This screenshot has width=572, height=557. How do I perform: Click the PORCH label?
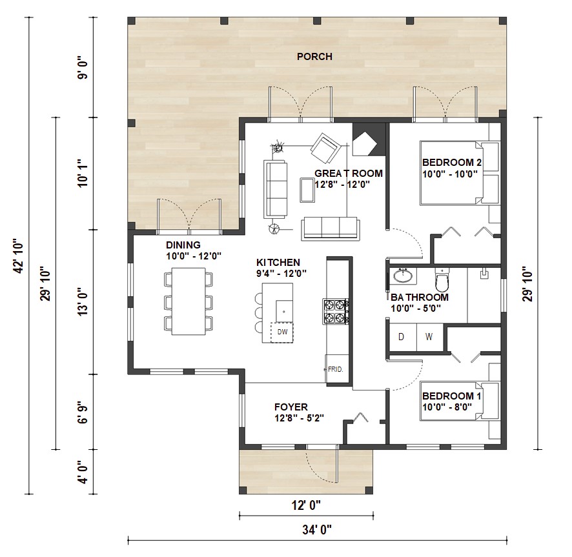click(x=314, y=57)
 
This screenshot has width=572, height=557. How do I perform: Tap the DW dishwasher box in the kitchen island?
click(x=282, y=332)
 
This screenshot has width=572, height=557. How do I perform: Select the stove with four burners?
click(x=335, y=311)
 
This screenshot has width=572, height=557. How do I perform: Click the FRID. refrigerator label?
click(x=335, y=369)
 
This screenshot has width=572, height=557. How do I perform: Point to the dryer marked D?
click(x=402, y=337)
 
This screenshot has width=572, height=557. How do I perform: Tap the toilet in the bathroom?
click(x=442, y=279)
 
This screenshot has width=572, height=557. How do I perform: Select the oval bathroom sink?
click(x=403, y=276)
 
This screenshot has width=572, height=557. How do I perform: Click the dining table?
click(x=189, y=301)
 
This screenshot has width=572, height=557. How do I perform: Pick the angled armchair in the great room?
click(x=326, y=148)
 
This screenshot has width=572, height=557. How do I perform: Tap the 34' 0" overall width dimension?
click(x=316, y=529)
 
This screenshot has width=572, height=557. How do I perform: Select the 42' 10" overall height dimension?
click(x=17, y=256)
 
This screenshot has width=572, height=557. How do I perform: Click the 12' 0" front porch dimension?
click(x=306, y=505)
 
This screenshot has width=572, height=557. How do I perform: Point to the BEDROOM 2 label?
click(x=452, y=162)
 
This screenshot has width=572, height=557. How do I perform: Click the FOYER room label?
click(x=291, y=407)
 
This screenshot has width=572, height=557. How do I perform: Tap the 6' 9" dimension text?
click(x=83, y=412)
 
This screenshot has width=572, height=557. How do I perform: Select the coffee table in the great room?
click(x=307, y=190)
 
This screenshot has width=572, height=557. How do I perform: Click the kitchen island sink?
click(x=284, y=311)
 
